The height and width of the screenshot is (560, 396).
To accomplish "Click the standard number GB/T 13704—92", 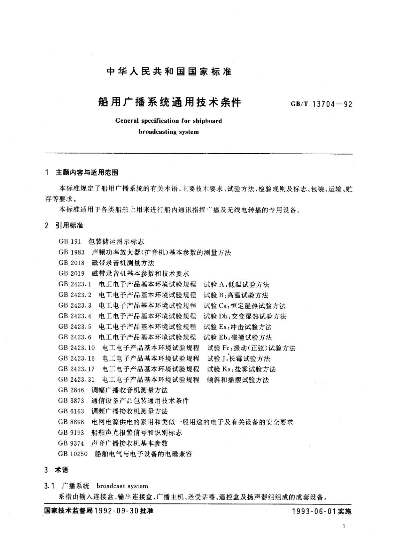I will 321,104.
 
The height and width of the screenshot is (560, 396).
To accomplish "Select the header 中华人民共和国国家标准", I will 169,71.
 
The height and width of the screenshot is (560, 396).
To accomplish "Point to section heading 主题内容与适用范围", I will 87,173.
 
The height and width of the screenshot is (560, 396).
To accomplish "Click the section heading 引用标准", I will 69,225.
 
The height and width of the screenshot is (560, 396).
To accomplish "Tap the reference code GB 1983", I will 71,252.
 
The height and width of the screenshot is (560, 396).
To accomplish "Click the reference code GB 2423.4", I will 74,316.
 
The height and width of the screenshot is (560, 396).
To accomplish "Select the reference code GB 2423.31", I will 76,379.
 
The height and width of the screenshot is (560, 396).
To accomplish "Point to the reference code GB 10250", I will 73,454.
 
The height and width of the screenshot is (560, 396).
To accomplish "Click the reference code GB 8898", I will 71,422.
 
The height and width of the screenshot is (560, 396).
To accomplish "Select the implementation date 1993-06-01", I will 314,511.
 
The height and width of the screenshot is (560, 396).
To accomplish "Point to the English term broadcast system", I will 122,486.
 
